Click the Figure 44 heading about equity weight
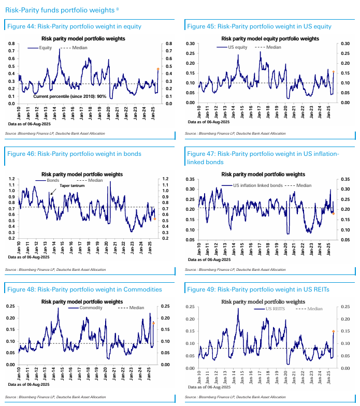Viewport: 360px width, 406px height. click(74, 26)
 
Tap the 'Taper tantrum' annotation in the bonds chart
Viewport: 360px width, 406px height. click(71, 185)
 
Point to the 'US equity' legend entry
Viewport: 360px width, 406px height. click(238, 47)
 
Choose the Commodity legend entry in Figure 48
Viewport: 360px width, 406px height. click(91, 308)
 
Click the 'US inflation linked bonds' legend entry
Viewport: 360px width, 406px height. click(257, 185)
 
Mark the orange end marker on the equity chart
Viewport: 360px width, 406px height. click(158, 69)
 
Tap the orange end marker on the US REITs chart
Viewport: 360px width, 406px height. click(334, 331)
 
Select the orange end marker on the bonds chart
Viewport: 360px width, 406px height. click(155, 219)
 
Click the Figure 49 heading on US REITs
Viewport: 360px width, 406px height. click(258, 289)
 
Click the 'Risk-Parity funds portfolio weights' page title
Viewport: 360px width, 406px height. click(58, 9)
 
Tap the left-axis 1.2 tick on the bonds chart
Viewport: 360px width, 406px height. click(12, 179)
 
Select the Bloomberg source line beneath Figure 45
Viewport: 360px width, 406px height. click(235, 134)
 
